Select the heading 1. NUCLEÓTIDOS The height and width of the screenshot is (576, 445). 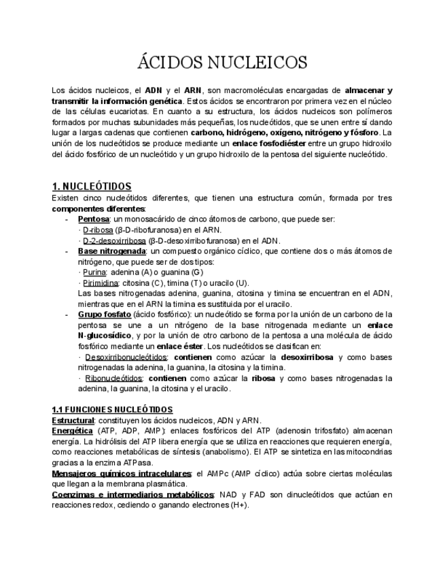coord(92,186)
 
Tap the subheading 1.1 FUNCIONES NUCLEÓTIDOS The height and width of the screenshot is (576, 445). coord(112,410)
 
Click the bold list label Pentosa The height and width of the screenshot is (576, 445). coord(93,219)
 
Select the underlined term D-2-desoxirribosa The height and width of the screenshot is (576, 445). coord(113,240)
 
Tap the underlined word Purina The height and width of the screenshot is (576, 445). coord(94,272)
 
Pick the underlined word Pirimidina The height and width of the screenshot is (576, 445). coord(101,283)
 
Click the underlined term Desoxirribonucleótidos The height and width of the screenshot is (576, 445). coord(126,357)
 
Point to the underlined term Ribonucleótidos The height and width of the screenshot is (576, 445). coord(113,378)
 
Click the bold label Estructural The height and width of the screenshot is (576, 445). coord(73,420)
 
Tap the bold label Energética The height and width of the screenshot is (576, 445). coord(72,431)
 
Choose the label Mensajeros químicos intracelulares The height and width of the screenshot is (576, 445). coord(122,473)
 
